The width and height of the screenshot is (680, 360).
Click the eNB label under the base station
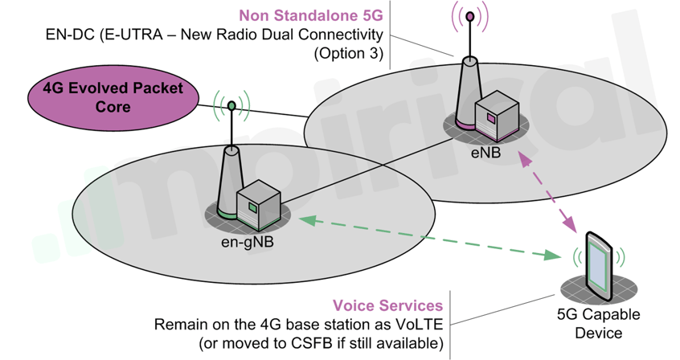pyautogui.click(x=486, y=149)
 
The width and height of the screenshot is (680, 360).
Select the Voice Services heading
pyautogui.click(x=388, y=306)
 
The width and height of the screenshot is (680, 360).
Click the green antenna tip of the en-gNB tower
pyautogui.click(x=231, y=104)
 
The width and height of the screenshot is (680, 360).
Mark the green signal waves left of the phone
pyautogui.click(x=576, y=258)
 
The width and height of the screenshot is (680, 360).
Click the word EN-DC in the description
pyautogui.click(x=70, y=35)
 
